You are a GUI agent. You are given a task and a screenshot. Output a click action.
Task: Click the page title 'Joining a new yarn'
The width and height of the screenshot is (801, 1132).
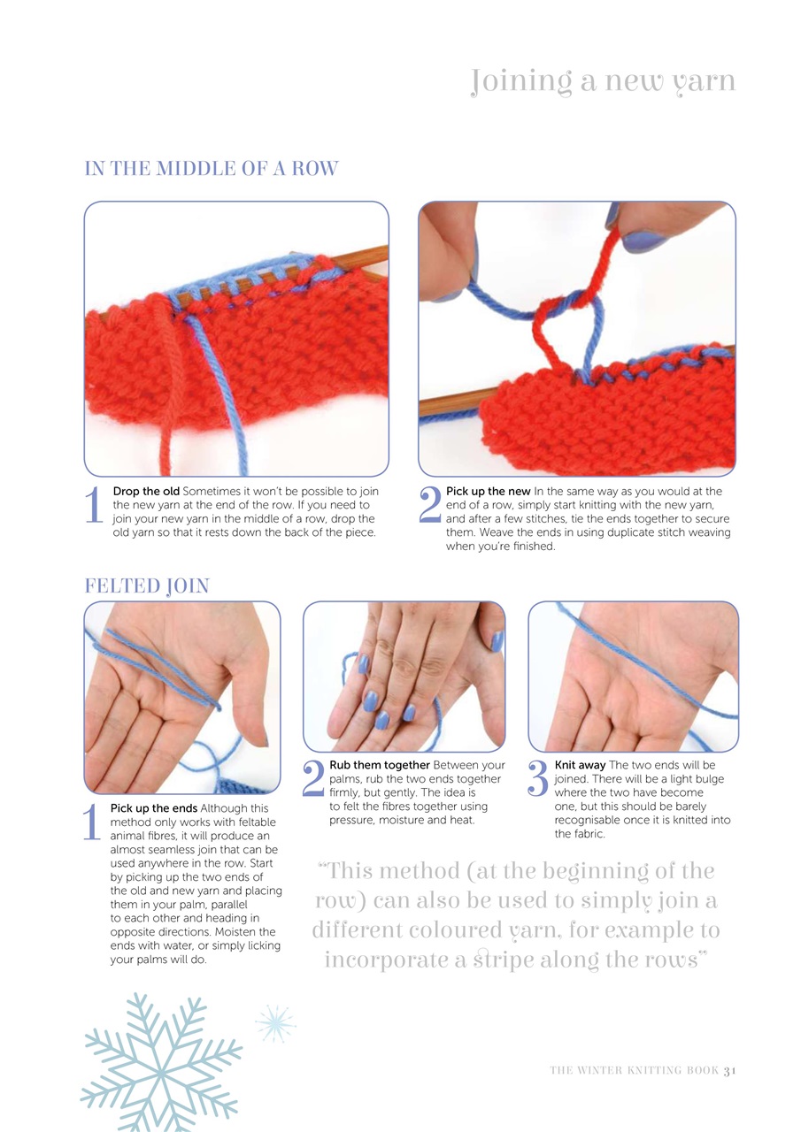pyautogui.click(x=603, y=81)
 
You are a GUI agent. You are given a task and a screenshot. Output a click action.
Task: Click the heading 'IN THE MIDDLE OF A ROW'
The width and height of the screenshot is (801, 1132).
pyautogui.click(x=211, y=168)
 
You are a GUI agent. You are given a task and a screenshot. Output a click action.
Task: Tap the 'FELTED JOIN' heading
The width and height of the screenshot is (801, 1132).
pyautogui.click(x=146, y=585)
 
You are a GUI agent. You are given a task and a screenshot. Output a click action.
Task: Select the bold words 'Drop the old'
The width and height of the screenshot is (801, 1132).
pyautogui.click(x=146, y=491)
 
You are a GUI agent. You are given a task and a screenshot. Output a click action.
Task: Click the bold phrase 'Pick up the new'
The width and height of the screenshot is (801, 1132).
pyautogui.click(x=488, y=491)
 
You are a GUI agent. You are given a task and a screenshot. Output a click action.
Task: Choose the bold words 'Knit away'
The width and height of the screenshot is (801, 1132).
pyautogui.click(x=580, y=765)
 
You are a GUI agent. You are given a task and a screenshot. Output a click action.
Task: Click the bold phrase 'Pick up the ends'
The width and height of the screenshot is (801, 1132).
pyautogui.click(x=154, y=808)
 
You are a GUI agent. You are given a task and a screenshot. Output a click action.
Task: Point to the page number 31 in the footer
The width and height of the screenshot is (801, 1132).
pyautogui.click(x=729, y=1070)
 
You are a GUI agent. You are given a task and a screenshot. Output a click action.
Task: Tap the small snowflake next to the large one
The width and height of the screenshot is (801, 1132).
pyautogui.click(x=275, y=1023)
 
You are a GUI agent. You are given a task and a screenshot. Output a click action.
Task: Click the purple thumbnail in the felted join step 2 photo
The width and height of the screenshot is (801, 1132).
pyautogui.click(x=497, y=641)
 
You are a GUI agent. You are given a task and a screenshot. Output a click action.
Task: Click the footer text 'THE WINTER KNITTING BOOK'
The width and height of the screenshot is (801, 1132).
pyautogui.click(x=633, y=1070)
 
